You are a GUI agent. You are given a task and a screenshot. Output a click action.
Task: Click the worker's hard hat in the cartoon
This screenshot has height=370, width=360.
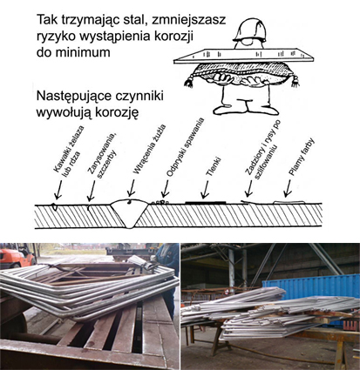[x=249, y=30]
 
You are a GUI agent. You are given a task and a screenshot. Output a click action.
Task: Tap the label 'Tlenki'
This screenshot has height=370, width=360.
[x=214, y=167]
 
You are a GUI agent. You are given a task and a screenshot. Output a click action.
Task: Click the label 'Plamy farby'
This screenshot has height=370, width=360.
[x=302, y=157]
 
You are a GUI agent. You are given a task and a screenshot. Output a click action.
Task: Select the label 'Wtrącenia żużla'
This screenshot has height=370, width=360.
[x=149, y=149]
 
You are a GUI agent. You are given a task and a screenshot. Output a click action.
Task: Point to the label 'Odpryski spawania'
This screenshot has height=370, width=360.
[x=185, y=147]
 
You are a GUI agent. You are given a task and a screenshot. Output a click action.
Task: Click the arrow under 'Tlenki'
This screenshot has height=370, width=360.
[x=205, y=190]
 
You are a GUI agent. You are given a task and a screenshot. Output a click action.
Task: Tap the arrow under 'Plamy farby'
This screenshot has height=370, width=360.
[x=288, y=188]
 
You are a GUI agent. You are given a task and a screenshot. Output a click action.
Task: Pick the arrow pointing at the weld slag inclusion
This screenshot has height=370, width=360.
[x=131, y=188]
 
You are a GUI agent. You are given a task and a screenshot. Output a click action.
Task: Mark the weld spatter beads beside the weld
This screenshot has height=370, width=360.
[x=160, y=202]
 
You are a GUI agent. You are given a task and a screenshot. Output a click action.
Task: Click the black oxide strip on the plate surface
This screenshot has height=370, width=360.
[x=206, y=202]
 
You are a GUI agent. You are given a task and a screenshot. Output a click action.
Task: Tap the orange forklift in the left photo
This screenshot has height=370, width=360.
[x=17, y=256]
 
